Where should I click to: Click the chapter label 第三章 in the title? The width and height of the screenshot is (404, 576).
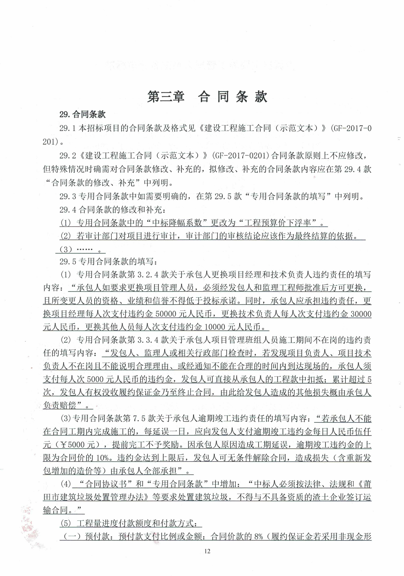click(x=166, y=97)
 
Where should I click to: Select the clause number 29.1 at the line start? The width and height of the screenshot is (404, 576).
click(x=68, y=128)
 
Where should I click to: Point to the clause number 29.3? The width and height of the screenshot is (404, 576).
click(x=68, y=196)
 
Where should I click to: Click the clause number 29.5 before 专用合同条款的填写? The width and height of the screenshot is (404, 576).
click(x=68, y=262)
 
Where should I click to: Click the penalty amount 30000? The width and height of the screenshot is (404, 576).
click(x=361, y=314)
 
